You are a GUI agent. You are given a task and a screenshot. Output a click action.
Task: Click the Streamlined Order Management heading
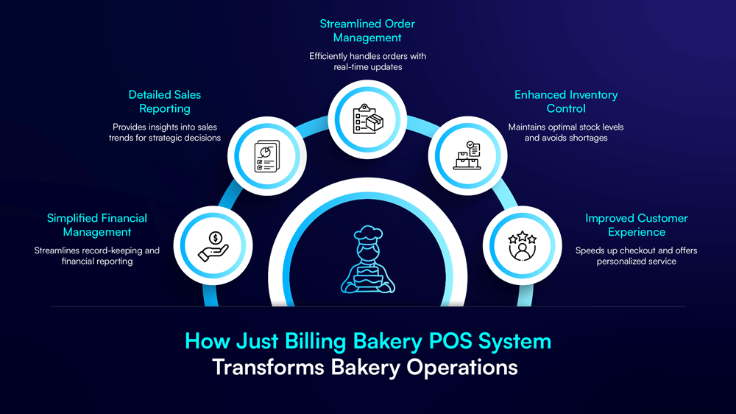pyautogui.click(x=367, y=30)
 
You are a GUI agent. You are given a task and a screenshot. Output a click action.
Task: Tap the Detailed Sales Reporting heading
pyautogui.click(x=165, y=102)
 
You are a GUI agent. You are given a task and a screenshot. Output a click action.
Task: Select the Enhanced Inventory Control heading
pyautogui.click(x=566, y=102)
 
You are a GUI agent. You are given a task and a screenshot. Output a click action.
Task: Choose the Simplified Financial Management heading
pyautogui.click(x=97, y=225)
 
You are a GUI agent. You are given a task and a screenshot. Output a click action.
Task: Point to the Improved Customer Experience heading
pyautogui.click(x=637, y=225)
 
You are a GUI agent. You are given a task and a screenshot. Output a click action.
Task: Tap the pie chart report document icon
pyautogui.click(x=267, y=155)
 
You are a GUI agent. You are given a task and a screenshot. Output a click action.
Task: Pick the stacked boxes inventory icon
pyautogui.click(x=467, y=155)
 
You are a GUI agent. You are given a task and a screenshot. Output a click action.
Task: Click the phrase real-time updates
pyautogui.click(x=367, y=68)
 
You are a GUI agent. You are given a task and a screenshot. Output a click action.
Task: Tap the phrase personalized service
pyautogui.click(x=637, y=262)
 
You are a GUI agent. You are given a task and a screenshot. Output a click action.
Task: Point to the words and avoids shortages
pyautogui.click(x=566, y=138)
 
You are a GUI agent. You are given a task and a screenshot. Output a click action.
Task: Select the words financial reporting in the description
pyautogui.click(x=97, y=262)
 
